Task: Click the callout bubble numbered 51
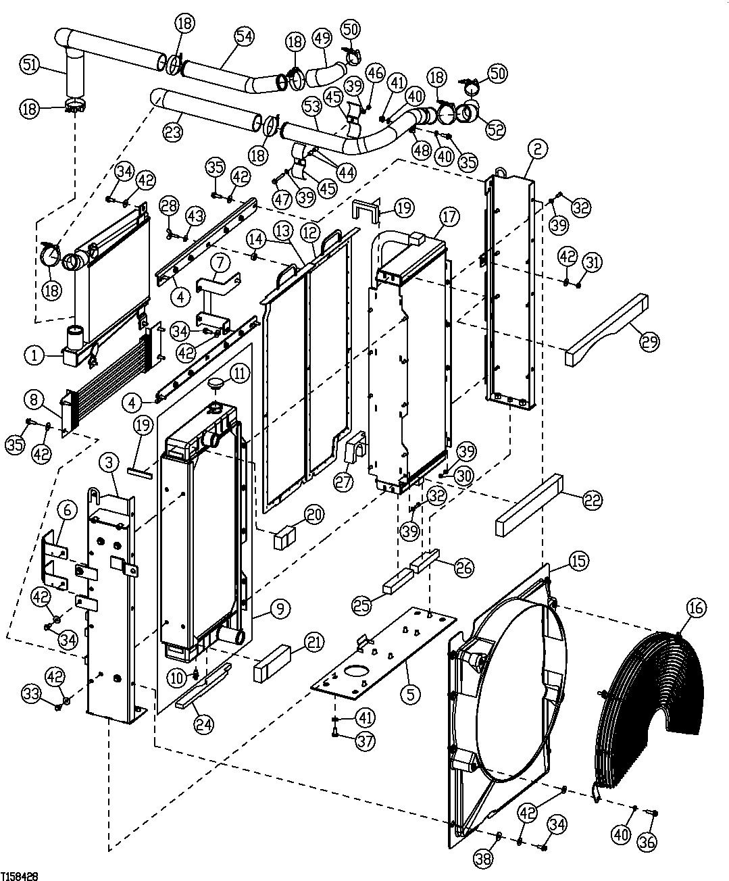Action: click(x=29, y=65)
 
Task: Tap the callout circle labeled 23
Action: click(x=173, y=132)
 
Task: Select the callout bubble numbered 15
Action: click(x=578, y=561)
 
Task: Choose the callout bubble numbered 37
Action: click(x=364, y=741)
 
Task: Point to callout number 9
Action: click(x=279, y=609)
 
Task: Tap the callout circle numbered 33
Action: click(x=30, y=693)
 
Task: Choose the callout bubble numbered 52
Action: click(x=495, y=129)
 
